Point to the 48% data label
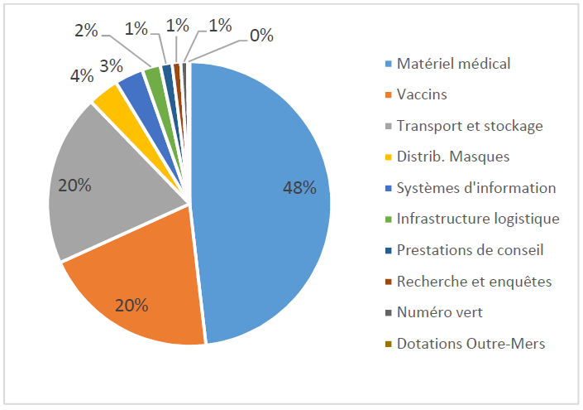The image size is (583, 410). [299, 188]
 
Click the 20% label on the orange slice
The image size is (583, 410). [131, 306]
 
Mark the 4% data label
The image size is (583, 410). [81, 76]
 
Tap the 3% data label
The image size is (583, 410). [111, 63]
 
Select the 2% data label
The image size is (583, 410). [86, 31]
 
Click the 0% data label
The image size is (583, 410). [261, 36]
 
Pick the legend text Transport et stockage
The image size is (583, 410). [470, 126]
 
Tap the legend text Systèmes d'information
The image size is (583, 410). [476, 187]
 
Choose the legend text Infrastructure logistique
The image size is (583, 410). [478, 219]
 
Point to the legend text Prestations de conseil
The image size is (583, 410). [470, 250]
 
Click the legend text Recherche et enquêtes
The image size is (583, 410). [474, 282]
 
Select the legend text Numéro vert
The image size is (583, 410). [438, 312]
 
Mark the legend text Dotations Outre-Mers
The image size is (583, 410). [471, 344]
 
